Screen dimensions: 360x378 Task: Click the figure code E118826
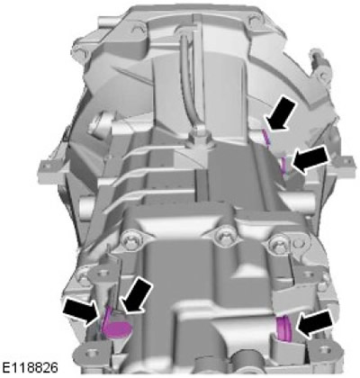[30, 368]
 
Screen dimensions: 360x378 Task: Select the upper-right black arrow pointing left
[311, 159]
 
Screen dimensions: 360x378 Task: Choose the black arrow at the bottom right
[315, 324]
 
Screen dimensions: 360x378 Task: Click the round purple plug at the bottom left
[118, 328]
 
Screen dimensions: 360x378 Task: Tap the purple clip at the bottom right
[283, 329]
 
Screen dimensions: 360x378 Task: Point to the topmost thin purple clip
[265, 137]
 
